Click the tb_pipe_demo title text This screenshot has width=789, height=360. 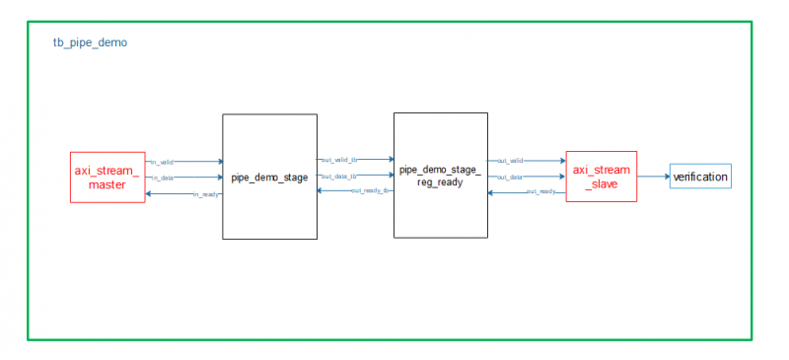point(90,43)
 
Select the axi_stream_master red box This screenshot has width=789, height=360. point(108,178)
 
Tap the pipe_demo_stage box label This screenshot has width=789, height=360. point(269,178)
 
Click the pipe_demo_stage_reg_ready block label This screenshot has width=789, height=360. point(440,177)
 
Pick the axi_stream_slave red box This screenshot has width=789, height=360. point(601,178)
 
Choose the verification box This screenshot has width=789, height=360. point(700,178)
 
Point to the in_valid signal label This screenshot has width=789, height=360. point(162,162)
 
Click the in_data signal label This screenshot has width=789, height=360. point(162,178)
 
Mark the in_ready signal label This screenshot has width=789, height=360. point(206,194)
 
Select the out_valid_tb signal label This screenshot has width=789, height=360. point(338,160)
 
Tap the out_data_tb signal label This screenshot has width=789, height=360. point(338,176)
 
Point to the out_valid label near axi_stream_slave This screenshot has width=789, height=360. point(510,161)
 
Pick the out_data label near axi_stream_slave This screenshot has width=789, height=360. point(510,177)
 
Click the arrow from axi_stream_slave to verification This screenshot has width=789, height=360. point(653,178)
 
